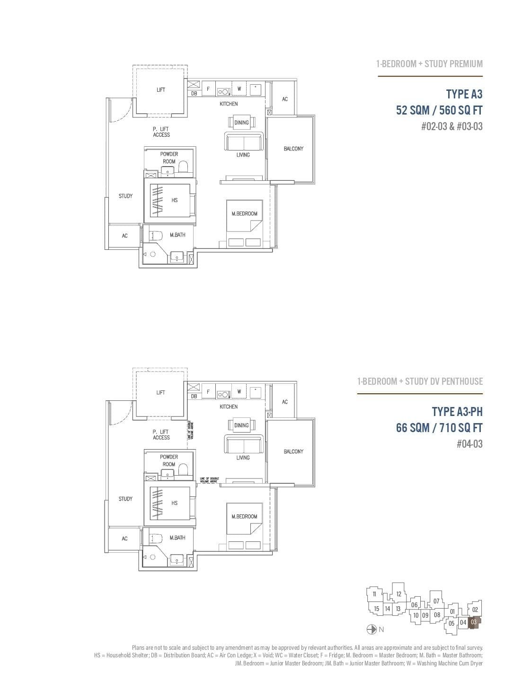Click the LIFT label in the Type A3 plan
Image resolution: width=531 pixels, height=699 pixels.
161,90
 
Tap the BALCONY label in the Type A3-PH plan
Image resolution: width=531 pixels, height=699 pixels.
293,451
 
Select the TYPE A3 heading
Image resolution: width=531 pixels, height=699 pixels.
464,94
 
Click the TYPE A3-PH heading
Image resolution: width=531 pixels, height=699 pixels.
457,412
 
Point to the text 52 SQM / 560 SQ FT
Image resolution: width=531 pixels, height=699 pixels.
439,110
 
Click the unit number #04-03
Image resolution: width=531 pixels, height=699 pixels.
469,444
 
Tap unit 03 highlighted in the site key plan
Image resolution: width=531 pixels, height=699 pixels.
474,622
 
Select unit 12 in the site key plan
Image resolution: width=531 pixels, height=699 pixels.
399,594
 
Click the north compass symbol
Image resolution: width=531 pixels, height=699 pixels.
372,629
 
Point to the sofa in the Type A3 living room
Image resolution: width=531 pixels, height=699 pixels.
243,142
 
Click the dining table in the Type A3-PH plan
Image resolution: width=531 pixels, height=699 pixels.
241,425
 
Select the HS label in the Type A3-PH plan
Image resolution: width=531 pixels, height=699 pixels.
175,503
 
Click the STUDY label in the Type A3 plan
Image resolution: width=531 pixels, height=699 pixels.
125,196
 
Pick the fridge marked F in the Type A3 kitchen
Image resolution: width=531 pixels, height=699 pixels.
208,88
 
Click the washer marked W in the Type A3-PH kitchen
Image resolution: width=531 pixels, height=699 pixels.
239,391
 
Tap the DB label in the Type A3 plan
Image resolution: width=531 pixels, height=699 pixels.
194,94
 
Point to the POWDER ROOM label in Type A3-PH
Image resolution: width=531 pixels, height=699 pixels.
169,460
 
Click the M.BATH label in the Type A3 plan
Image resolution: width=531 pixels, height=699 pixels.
177,235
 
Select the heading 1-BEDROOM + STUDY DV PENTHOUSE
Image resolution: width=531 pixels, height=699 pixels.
420,381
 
